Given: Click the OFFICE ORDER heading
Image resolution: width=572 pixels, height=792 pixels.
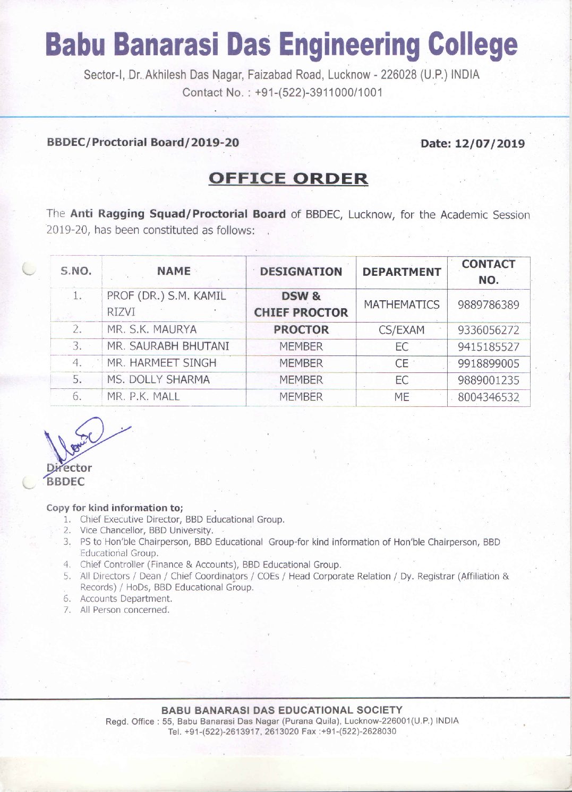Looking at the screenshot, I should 288,178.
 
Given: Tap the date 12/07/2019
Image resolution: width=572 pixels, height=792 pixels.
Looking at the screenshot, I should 472,144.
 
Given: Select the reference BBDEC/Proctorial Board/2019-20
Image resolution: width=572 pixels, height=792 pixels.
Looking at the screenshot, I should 143,142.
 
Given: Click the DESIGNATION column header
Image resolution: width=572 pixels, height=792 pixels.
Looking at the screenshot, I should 301,272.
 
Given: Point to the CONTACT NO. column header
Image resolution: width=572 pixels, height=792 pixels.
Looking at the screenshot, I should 488,272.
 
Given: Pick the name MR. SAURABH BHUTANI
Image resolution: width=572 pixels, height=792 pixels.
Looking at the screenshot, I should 168,346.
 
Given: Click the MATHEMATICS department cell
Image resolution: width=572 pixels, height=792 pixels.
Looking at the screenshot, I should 402,304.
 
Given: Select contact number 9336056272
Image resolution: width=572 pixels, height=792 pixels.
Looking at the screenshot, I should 488,330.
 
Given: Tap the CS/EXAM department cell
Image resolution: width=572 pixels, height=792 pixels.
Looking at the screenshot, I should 402,330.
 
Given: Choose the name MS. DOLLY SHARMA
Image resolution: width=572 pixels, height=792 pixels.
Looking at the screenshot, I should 158,380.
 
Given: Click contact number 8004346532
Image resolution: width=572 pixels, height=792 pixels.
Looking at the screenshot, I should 488,397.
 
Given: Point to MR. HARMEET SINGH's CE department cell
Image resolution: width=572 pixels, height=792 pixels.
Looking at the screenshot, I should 402,363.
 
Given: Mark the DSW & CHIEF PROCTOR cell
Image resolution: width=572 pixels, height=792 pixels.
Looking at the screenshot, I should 301,304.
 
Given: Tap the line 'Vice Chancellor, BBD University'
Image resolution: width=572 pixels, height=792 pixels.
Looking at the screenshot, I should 147,530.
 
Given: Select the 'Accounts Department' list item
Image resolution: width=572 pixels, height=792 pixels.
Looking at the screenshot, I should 126,598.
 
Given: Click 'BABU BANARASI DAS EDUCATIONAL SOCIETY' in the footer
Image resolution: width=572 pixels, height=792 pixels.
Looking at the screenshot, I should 281,710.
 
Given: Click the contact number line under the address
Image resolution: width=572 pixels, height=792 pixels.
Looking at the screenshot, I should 282,92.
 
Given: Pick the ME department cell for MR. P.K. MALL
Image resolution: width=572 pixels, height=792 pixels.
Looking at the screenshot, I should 402,397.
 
